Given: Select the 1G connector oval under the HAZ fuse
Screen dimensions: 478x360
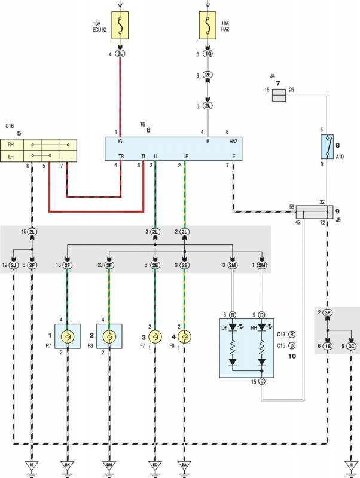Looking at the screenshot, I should point(208,54).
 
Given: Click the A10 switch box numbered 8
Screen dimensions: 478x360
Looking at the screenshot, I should point(327,146).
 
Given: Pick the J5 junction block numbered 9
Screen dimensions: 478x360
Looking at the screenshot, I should point(315,211).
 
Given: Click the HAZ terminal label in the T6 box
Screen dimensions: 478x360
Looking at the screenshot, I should point(233,142).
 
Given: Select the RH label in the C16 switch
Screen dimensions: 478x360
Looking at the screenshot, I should point(11,144).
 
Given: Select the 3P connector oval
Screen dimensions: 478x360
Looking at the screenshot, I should point(328,312).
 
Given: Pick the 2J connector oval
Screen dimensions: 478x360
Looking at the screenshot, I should point(13,265).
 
